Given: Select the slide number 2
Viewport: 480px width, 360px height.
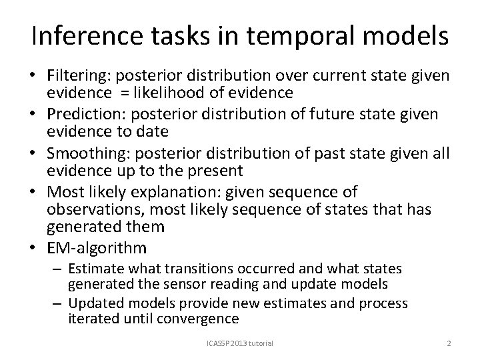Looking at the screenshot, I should point(449,343).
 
